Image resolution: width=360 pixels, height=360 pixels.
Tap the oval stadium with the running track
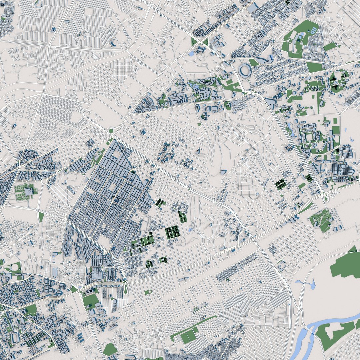pos(15,338)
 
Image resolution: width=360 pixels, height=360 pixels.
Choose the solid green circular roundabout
pos(111,131)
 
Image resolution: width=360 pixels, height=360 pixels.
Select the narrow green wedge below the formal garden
pos(41,217)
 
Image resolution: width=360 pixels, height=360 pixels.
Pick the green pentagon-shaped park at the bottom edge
pos(110,349)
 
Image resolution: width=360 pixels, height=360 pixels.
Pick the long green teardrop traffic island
pos(125,288)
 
